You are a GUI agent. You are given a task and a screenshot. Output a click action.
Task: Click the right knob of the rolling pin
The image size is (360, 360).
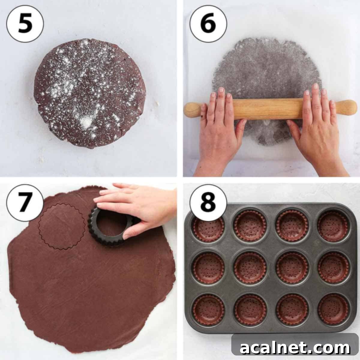[x=348, y=107]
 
